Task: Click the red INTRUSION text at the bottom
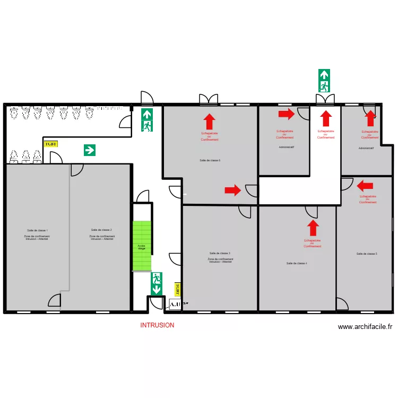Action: [157, 325]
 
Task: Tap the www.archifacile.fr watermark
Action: [365, 327]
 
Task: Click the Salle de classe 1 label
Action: [37, 230]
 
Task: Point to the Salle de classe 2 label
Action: [101, 230]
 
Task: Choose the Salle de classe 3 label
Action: [220, 253]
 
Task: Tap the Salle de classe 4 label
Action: [297, 263]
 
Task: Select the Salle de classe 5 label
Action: [367, 254]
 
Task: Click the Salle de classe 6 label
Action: [210, 160]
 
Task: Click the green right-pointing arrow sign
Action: [90, 150]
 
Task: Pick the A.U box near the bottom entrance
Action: [175, 304]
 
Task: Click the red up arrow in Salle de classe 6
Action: [210, 122]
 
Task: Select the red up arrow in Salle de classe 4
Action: [313, 228]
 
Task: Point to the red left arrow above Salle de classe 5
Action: [365, 186]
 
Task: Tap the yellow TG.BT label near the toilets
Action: [50, 144]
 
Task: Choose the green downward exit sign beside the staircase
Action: [157, 283]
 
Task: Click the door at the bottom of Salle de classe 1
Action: [55, 300]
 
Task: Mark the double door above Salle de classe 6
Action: [209, 99]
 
